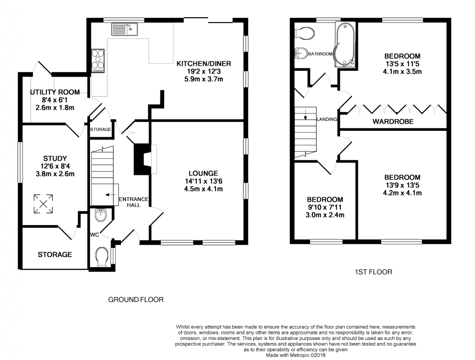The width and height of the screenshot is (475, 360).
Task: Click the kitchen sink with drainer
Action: point(125,30)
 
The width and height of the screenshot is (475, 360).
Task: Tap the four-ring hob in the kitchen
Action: point(98,61)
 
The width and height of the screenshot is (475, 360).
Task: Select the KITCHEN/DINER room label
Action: point(204,64)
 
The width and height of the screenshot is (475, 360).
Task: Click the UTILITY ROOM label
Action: point(55,92)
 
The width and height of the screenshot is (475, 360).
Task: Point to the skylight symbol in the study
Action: point(43,204)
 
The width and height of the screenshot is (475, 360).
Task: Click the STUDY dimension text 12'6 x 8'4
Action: point(55,166)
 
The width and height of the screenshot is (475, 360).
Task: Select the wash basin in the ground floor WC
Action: point(100,215)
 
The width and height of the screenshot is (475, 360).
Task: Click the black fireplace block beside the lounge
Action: point(142,159)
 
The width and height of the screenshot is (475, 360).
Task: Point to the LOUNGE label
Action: point(203,173)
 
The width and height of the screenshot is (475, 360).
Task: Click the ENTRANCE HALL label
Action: point(134,202)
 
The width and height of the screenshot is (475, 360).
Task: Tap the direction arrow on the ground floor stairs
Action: point(110,195)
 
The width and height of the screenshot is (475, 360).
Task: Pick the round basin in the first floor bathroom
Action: point(302,53)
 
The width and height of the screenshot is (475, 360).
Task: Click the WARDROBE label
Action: point(393,122)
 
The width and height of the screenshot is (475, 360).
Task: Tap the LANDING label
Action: point(326,119)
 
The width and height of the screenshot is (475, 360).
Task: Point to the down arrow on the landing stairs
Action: point(305,114)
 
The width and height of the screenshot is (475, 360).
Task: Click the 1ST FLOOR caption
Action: point(374,272)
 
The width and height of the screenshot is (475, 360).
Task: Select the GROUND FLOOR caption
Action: point(136,300)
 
